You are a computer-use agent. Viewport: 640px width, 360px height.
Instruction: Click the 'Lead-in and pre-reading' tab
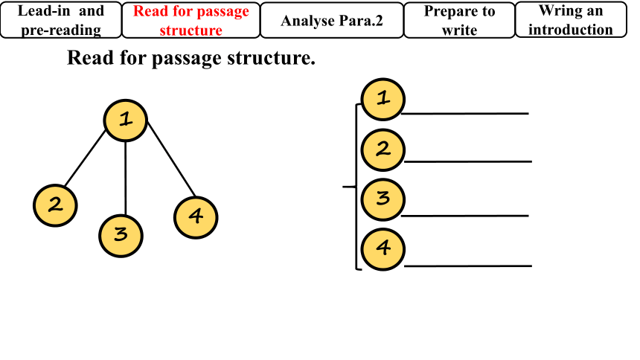pyautogui.click(x=61, y=20)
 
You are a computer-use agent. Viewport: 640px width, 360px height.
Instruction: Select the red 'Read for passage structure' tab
pyautogui.click(x=191, y=20)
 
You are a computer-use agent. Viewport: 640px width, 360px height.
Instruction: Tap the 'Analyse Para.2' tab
pyautogui.click(x=332, y=20)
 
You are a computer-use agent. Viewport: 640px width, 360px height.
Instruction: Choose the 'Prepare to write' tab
pyautogui.click(x=459, y=20)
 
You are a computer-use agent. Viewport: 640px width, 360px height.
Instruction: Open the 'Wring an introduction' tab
pyautogui.click(x=571, y=20)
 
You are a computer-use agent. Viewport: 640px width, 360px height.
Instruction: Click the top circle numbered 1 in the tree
pyautogui.click(x=126, y=120)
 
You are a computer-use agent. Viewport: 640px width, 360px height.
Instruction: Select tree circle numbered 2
pyautogui.click(x=55, y=205)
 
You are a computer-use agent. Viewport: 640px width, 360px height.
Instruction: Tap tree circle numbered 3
pyautogui.click(x=121, y=236)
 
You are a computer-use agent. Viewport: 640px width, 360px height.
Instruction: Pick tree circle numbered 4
pyautogui.click(x=196, y=217)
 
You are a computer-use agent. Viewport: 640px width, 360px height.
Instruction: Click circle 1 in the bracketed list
pyautogui.click(x=383, y=99)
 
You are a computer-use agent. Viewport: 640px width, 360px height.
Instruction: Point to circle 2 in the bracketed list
pyautogui.click(x=383, y=150)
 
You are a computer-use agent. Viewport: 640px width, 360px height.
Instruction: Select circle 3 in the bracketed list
pyautogui.click(x=383, y=199)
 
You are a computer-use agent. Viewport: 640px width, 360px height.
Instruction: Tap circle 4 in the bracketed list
pyautogui.click(x=383, y=249)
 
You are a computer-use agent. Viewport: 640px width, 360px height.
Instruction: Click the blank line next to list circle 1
pyautogui.click(x=465, y=114)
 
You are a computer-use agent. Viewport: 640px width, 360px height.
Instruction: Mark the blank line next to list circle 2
pyautogui.click(x=468, y=161)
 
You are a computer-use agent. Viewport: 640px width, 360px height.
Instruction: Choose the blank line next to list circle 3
pyautogui.click(x=465, y=216)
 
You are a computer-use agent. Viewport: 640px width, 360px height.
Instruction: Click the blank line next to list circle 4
pyautogui.click(x=468, y=266)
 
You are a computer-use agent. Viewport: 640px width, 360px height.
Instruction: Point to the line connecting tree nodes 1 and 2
pyautogui.click(x=85, y=158)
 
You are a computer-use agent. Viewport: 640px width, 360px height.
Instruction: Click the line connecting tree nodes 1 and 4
pyautogui.click(x=171, y=160)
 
